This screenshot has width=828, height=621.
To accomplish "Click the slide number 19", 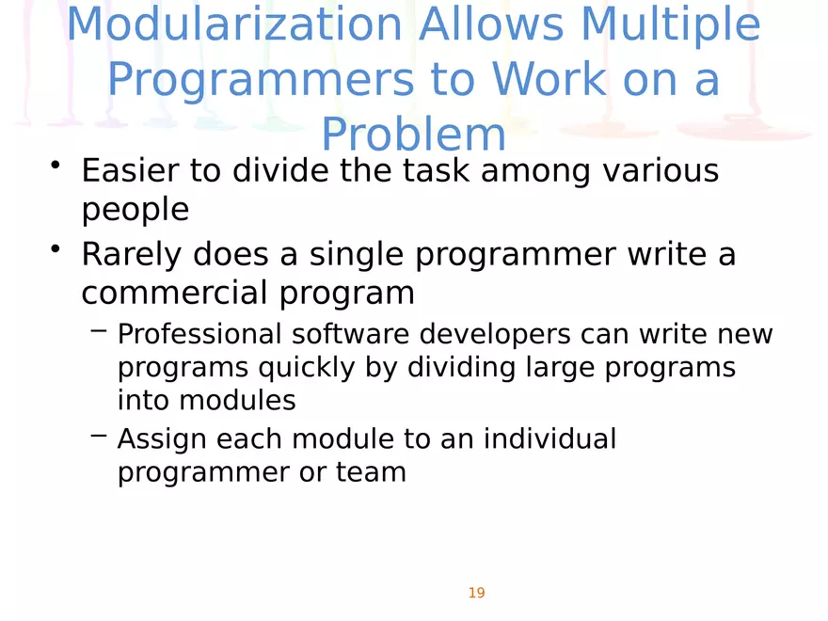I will (x=476, y=593).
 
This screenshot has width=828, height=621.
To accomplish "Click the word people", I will (x=135, y=210).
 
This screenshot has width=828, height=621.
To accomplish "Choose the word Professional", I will (x=199, y=334).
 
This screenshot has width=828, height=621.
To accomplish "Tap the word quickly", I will (x=300, y=367).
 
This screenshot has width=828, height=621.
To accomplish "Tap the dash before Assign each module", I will (x=99, y=437).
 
